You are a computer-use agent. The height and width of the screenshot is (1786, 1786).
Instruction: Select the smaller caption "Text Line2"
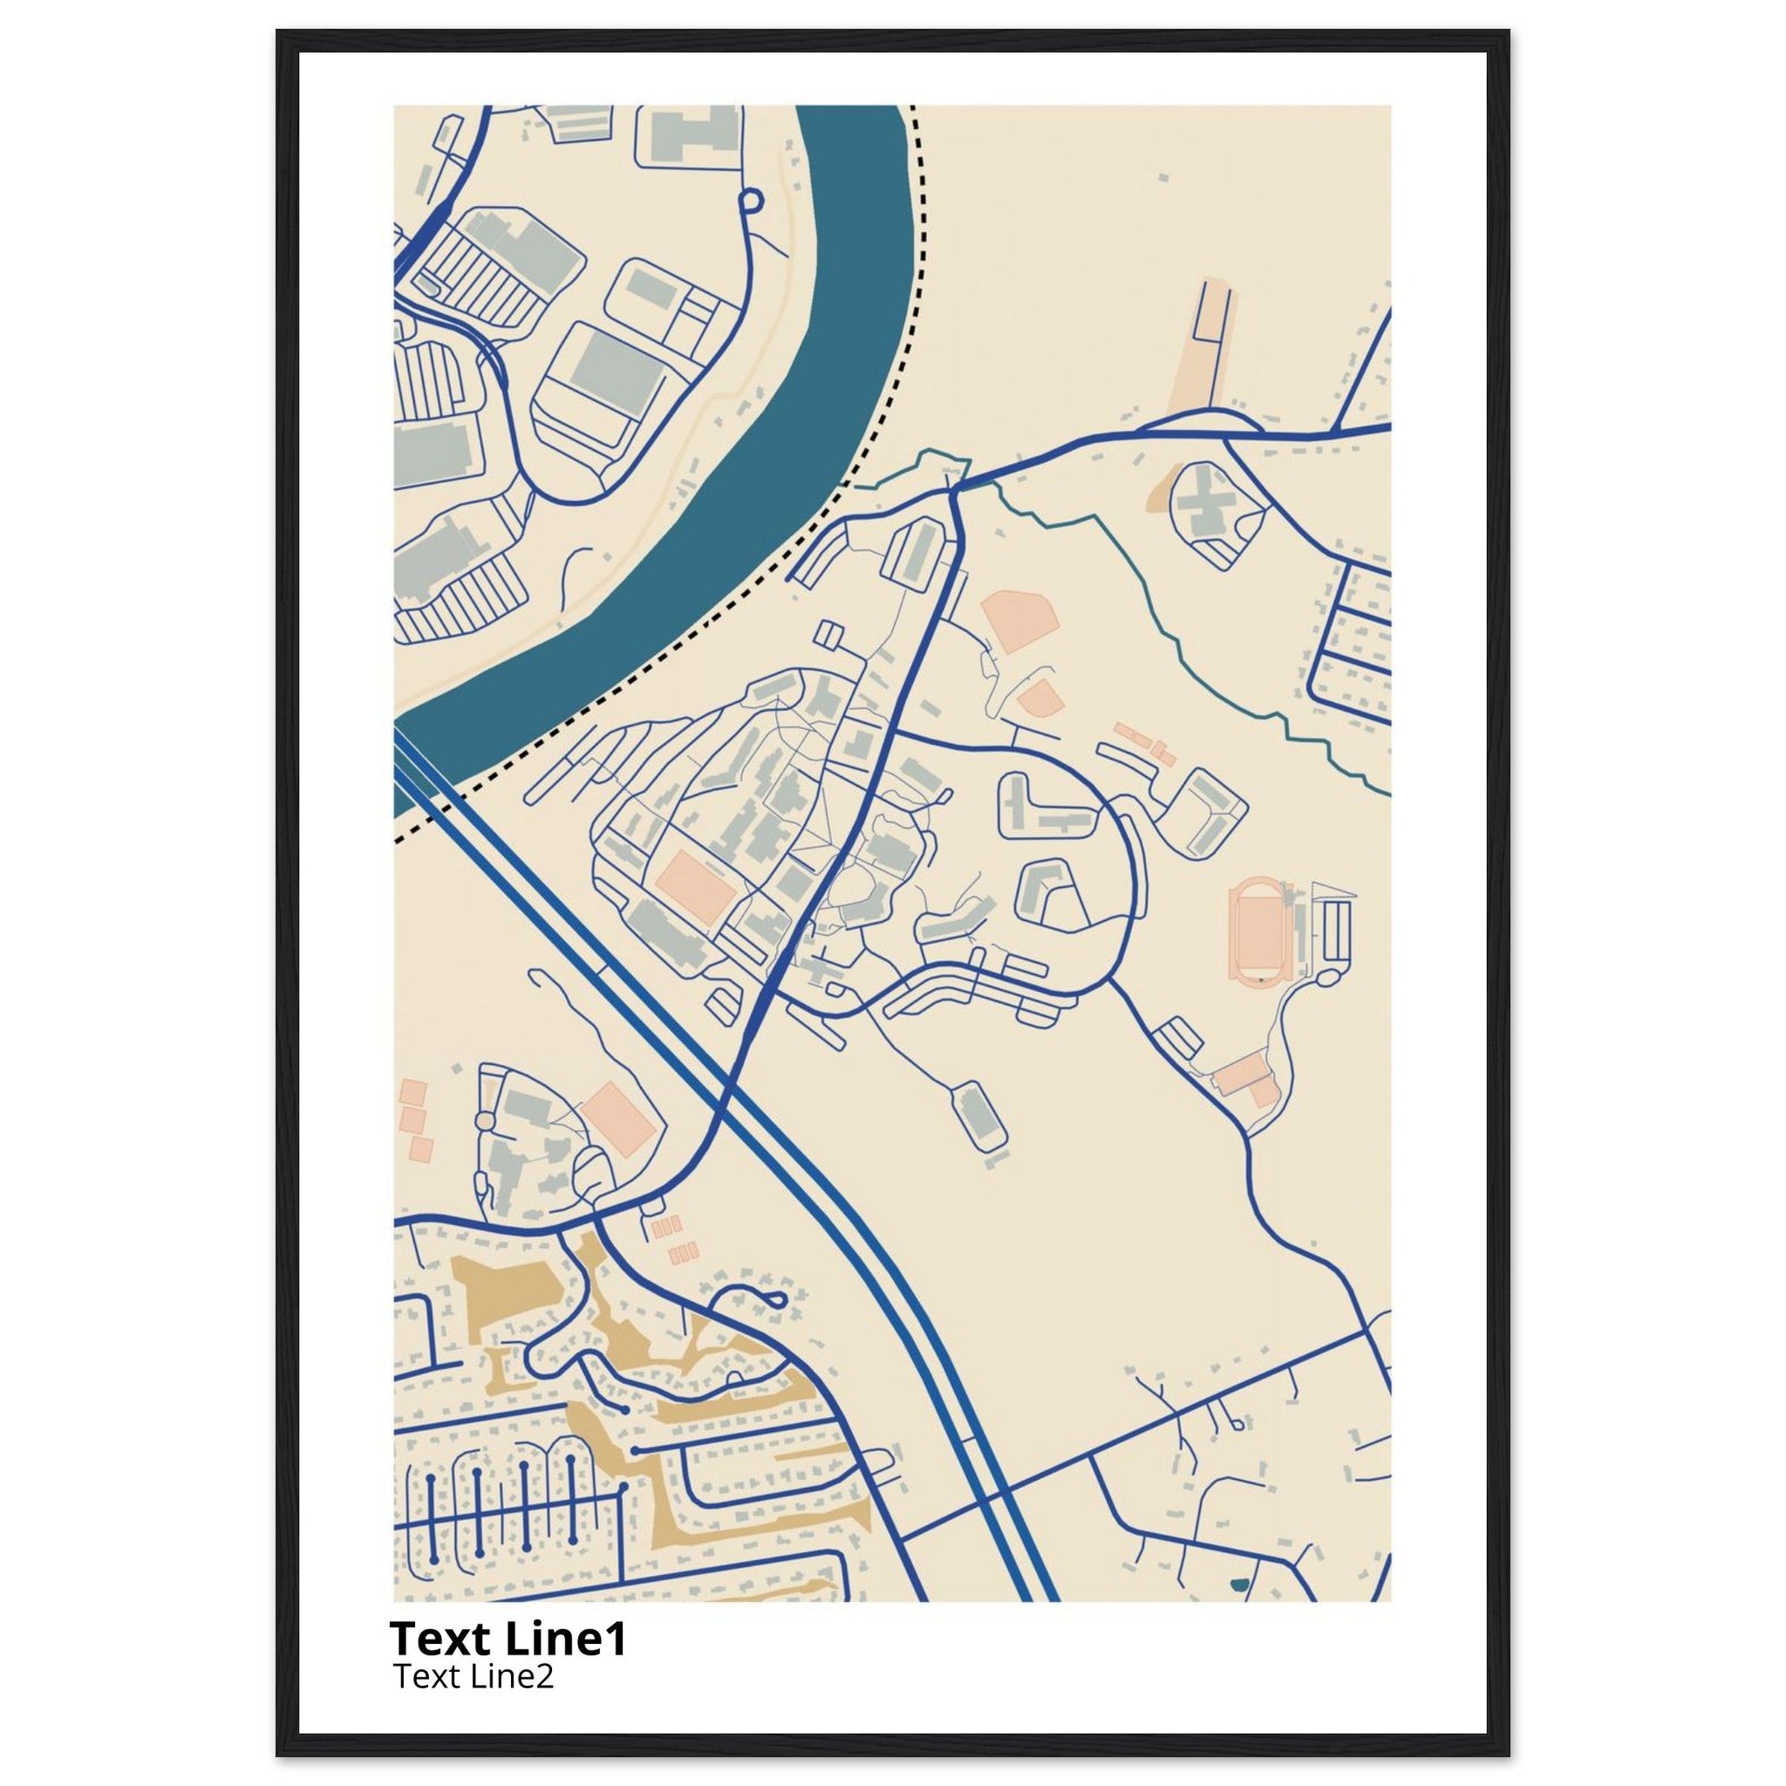(x=474, y=1675)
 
